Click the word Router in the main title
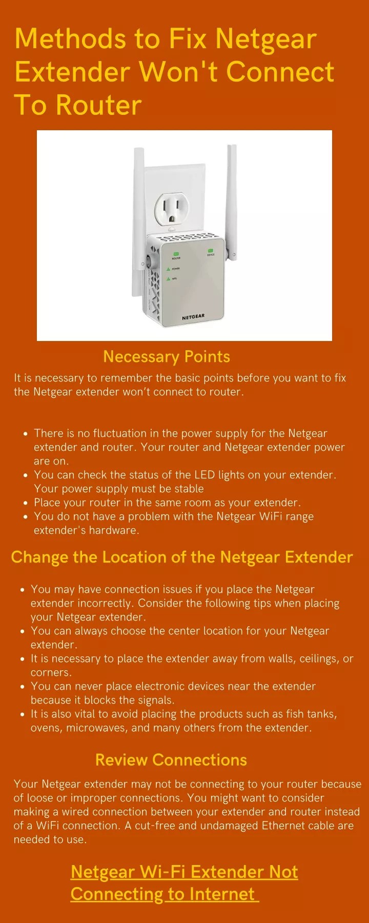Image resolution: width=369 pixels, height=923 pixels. coord(98,105)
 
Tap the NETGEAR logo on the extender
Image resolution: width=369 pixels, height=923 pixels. coord(193,317)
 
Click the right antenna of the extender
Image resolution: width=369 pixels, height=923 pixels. coord(232,200)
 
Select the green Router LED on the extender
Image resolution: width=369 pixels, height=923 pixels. coord(176,254)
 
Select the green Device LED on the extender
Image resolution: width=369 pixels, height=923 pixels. coord(211,250)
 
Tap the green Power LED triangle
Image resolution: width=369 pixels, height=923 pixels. coord(168,269)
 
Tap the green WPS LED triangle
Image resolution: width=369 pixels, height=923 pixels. coord(168,279)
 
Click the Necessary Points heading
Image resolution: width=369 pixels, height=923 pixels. coord(167,356)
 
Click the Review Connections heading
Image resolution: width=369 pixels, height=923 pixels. coord(171,759)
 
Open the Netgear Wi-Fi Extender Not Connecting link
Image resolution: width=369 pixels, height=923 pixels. coord(184,882)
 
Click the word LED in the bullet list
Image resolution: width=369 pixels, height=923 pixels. coord(204,475)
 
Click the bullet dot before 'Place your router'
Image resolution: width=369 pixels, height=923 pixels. coord(25,503)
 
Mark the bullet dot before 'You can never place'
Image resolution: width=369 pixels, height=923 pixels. coord(22,687)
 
